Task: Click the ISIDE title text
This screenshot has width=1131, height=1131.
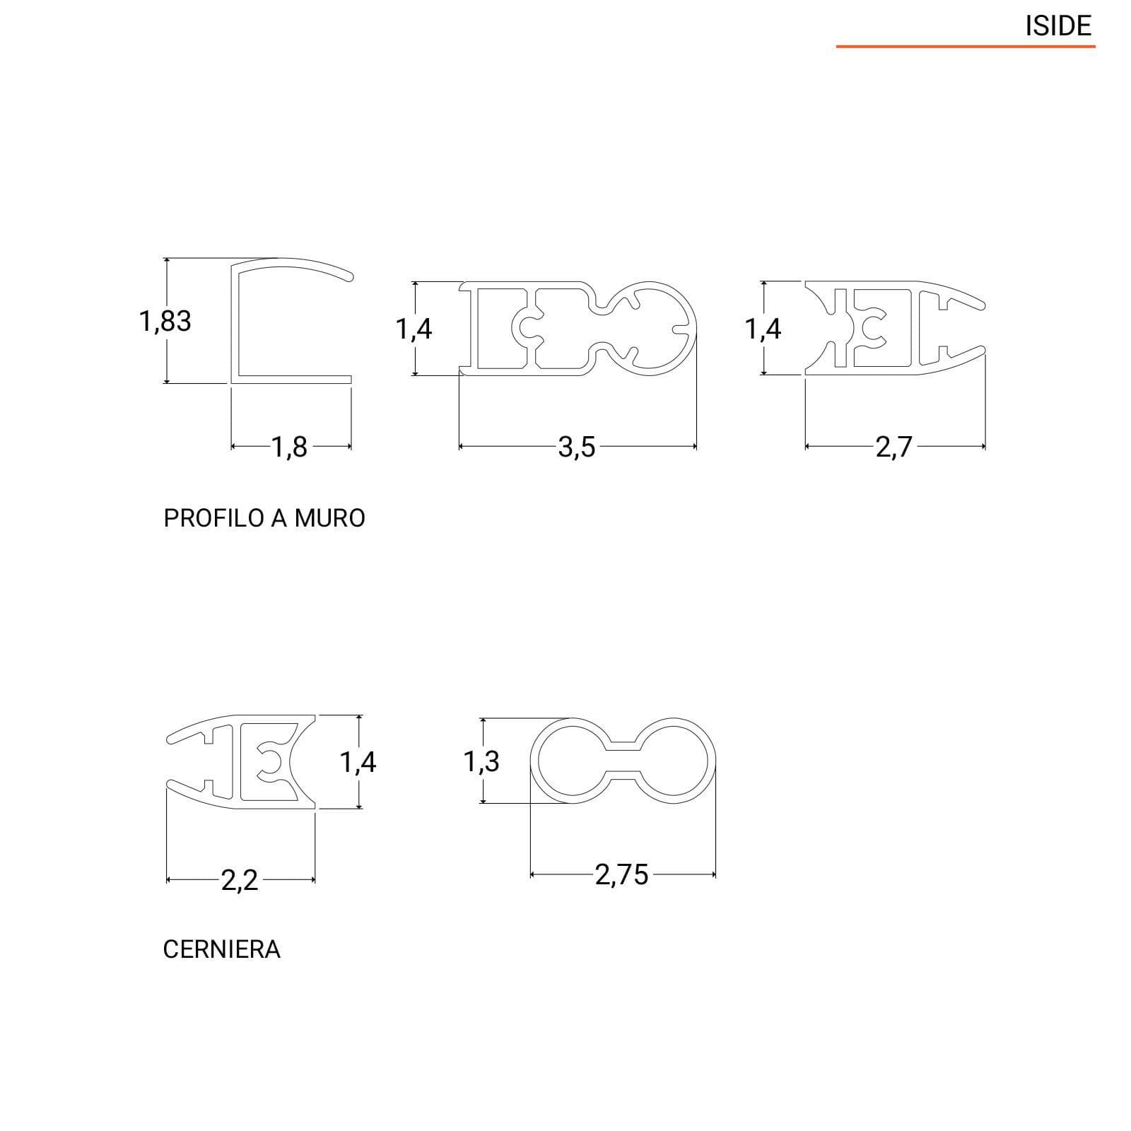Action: coord(1058,26)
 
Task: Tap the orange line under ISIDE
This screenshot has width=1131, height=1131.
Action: coord(966,47)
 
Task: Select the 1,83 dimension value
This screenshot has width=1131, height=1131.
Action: coord(165,322)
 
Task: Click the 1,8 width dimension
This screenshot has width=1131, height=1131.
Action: coord(290,447)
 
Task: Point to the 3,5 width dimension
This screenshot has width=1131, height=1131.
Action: coord(577,447)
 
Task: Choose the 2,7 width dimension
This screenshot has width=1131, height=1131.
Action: coord(894,447)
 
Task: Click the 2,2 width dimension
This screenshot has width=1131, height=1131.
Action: coord(240,881)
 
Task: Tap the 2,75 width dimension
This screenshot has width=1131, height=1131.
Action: coord(621,875)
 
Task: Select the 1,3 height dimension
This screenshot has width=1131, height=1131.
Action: coord(481,762)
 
